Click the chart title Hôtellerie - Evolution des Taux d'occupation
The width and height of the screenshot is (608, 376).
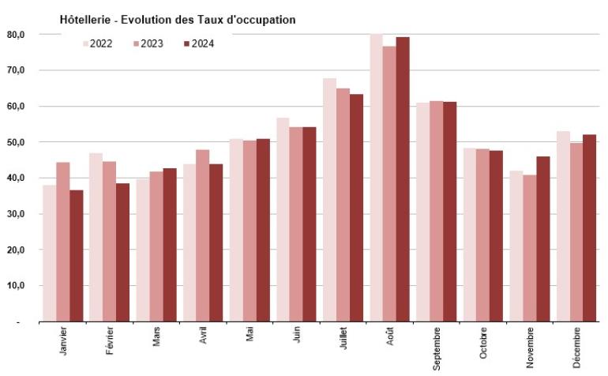pos(178,19)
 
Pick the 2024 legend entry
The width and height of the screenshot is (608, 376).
pos(198,43)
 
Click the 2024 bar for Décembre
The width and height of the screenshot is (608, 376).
pos(589,228)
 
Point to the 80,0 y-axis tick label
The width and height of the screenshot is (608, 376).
pos(16,35)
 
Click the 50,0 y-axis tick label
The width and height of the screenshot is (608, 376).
pos(16,142)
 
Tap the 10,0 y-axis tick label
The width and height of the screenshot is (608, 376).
pos(16,286)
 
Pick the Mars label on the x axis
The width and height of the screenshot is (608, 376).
pos(157,337)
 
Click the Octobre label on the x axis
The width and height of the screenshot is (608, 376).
pos(483,344)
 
